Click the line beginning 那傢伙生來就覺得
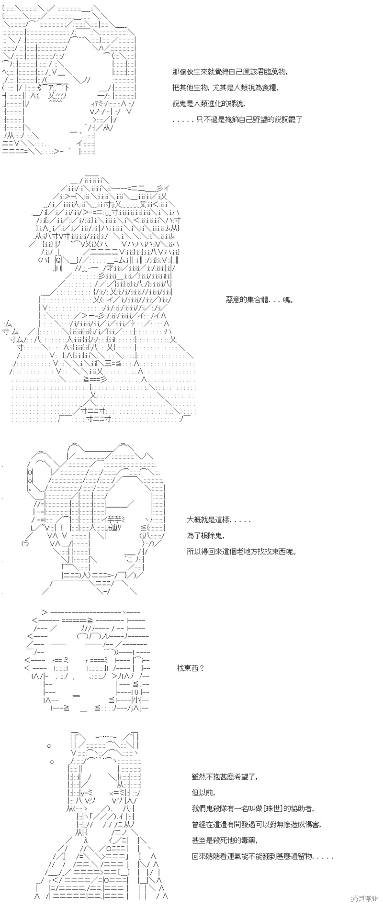click(230, 72)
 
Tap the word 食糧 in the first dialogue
click(270, 88)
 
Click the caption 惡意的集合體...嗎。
click(259, 300)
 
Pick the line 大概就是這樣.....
click(218, 520)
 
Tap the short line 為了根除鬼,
click(205, 536)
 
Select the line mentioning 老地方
click(242, 551)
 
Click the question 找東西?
click(191, 668)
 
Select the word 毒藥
click(254, 840)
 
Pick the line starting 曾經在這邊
click(257, 824)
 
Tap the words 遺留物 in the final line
click(301, 856)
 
